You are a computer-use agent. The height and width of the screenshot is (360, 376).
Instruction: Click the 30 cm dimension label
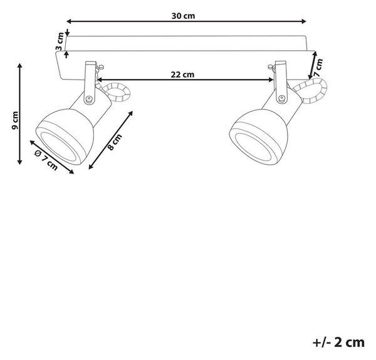click(183, 16)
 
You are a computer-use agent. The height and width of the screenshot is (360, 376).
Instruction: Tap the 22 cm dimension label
click(182, 75)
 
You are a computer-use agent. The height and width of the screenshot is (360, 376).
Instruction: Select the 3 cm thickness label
click(60, 41)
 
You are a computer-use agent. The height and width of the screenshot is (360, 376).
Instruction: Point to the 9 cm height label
click(15, 120)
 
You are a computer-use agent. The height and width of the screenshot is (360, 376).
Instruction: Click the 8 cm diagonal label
click(115, 142)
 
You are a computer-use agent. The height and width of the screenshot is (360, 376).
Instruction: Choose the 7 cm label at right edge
click(318, 68)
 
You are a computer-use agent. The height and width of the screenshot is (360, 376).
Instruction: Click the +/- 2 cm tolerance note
click(338, 342)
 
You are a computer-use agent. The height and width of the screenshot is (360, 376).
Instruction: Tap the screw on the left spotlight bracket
click(89, 98)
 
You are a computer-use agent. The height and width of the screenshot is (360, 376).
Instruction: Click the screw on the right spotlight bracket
click(281, 98)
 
